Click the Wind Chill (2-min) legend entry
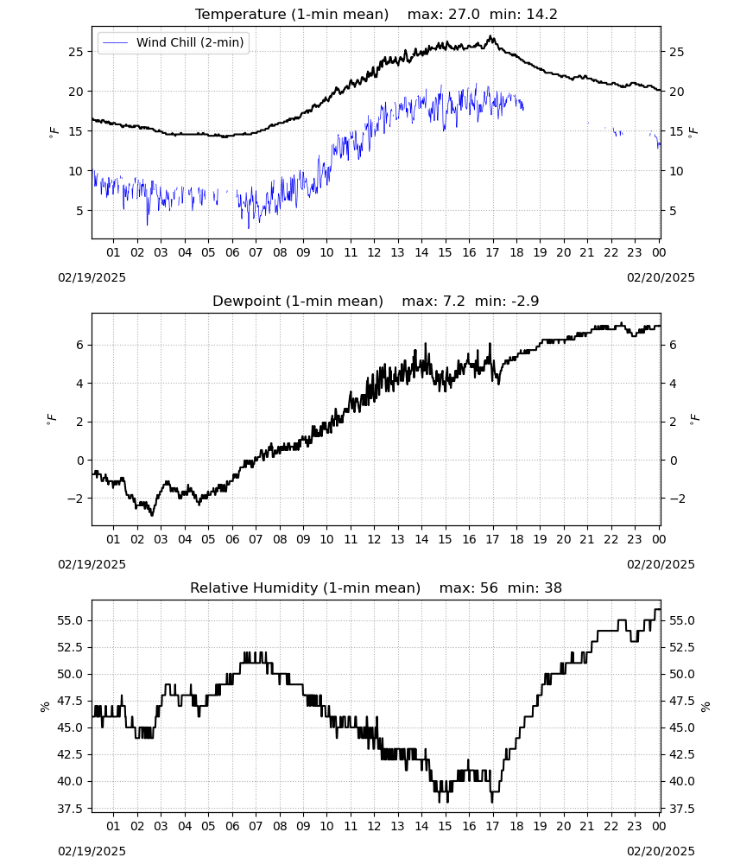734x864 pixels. pyautogui.click(x=174, y=42)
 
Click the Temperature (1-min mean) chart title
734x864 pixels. pyautogui.click(x=292, y=14)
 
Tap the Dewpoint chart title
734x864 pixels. pyautogui.click(x=298, y=301)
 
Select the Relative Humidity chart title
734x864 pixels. pyautogui.click(x=305, y=588)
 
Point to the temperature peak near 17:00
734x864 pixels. pyautogui.click(x=491, y=37)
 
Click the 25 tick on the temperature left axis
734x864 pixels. pyautogui.click(x=76, y=52)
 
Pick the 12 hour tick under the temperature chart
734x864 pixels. pyautogui.click(x=375, y=252)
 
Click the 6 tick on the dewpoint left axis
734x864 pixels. pyautogui.click(x=80, y=345)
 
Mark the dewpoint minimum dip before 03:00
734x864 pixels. pyautogui.click(x=153, y=514)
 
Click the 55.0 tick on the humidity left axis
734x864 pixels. pyautogui.click(x=71, y=620)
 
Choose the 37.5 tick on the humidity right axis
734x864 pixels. pyautogui.click(x=681, y=809)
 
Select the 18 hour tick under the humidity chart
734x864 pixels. pyautogui.click(x=516, y=826)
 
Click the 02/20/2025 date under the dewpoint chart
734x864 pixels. pyautogui.click(x=661, y=564)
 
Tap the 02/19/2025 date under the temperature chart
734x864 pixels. pyautogui.click(x=92, y=277)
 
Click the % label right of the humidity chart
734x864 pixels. pyautogui.click(x=706, y=707)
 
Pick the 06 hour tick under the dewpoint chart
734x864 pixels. pyautogui.click(x=232, y=539)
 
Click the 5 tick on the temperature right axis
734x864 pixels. pyautogui.click(x=673, y=211)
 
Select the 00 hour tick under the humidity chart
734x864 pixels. pyautogui.click(x=659, y=826)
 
